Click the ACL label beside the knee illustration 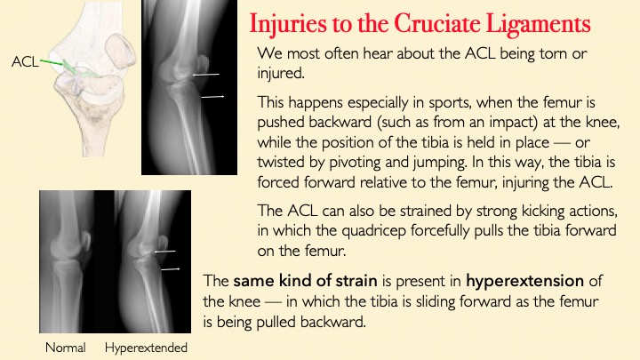(25, 62)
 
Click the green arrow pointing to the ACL (52, 62)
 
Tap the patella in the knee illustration (120, 51)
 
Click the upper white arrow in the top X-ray (206, 75)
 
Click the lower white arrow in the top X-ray (212, 97)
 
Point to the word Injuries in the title (288, 25)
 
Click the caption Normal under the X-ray (65, 348)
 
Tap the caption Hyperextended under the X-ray (146, 348)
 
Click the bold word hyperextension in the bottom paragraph (525, 281)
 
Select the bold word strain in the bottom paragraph (356, 281)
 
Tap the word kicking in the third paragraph (544, 211)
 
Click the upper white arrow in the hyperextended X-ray (165, 252)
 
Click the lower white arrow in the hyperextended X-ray (170, 269)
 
